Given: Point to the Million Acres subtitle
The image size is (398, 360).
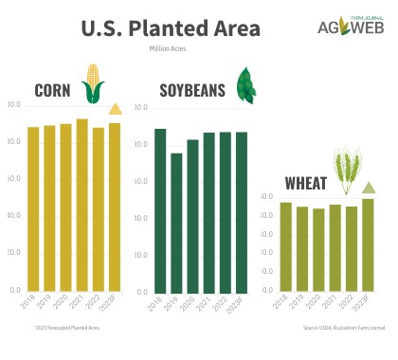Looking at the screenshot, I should pyautogui.click(x=169, y=48).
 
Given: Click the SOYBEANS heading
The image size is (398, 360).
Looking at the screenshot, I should pyautogui.click(x=192, y=91).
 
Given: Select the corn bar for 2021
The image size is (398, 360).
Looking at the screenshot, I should pyautogui.click(x=82, y=205).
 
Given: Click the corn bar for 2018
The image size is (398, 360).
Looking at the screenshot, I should pyautogui.click(x=33, y=208).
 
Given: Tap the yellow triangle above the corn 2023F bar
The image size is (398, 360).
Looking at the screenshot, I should pyautogui.click(x=116, y=109).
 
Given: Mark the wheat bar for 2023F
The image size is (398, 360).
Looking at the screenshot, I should pyautogui.click(x=368, y=243).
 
